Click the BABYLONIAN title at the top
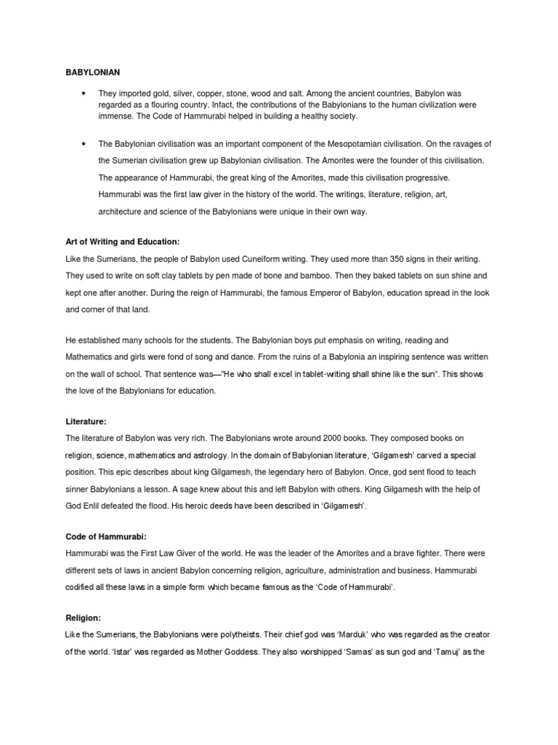[89, 73]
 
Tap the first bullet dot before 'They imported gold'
[85, 95]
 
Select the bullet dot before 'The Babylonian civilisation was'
[85, 143]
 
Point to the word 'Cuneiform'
[262, 259]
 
